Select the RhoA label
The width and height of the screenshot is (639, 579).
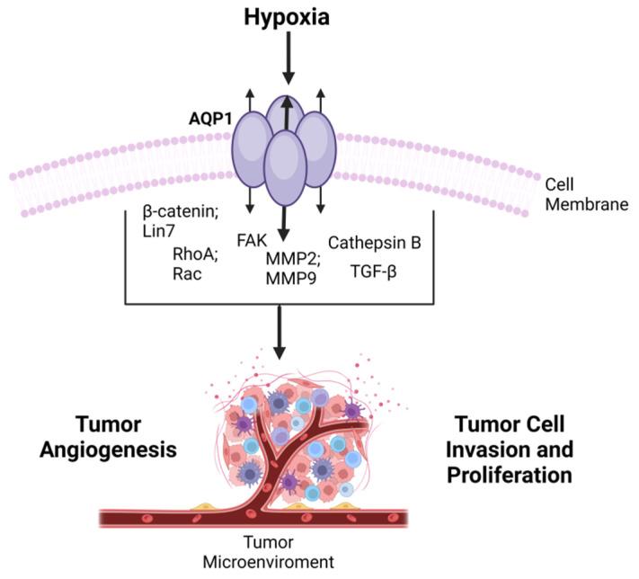point(194,254)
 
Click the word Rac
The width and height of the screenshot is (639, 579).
point(189,274)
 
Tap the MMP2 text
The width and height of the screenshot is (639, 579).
point(288,259)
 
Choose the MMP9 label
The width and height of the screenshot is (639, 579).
point(287,279)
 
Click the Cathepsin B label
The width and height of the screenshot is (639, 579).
point(374,243)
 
